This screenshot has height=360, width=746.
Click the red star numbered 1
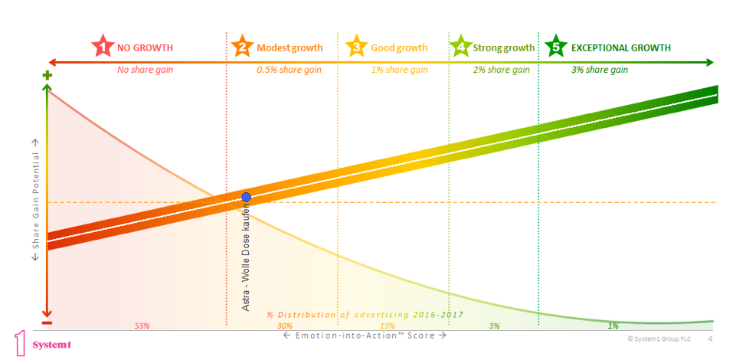(x=102, y=47)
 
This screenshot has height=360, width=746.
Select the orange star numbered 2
(x=242, y=47)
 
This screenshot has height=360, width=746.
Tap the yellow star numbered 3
(x=356, y=47)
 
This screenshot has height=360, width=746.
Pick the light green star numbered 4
(x=460, y=47)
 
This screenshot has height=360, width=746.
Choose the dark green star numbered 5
(x=556, y=47)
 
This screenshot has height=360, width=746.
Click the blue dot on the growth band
(x=247, y=197)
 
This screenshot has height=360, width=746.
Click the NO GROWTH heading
(x=145, y=47)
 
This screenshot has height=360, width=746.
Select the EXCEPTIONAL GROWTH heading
(x=621, y=47)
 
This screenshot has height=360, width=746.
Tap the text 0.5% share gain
(x=289, y=70)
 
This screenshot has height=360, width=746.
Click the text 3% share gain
(x=600, y=70)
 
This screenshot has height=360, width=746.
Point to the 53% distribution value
(x=142, y=326)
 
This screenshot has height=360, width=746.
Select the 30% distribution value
(x=284, y=326)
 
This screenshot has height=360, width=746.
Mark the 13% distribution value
(x=387, y=326)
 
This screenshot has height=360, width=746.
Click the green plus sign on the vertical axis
(x=47, y=76)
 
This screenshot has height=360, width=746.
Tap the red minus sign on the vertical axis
(x=47, y=322)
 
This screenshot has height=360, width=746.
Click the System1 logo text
(x=52, y=345)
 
